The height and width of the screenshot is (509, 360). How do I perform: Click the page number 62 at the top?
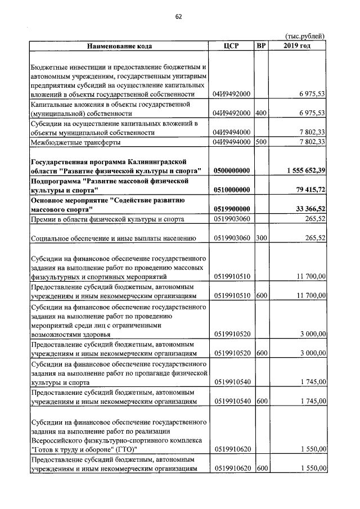(178, 16)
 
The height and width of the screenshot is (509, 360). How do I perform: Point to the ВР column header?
(260, 45)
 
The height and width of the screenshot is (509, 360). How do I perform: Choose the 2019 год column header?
(297, 45)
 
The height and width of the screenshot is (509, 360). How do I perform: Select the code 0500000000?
(231, 170)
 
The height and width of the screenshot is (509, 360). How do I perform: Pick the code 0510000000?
(231, 190)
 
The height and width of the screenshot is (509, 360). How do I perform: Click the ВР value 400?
(260, 113)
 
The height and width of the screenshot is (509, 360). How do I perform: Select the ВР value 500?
(260, 142)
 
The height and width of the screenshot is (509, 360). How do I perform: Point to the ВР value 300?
(260, 238)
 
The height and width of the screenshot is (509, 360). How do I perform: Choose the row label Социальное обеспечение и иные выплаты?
(112, 238)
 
